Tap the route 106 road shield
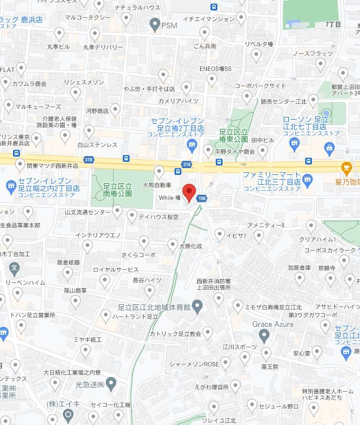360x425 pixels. coord(202,198)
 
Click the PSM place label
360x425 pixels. coord(169,25)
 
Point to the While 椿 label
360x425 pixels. coord(170,198)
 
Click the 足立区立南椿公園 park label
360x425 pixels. coord(117,190)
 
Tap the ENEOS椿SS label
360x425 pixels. coord(215,69)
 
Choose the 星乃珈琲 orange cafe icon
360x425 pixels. coord(346,168)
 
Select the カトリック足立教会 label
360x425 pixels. coord(175,334)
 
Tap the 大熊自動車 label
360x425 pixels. coord(157,185)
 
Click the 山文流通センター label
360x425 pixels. coord(87,212)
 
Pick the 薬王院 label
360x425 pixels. coord(270,367)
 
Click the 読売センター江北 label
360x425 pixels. coord(284,102)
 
